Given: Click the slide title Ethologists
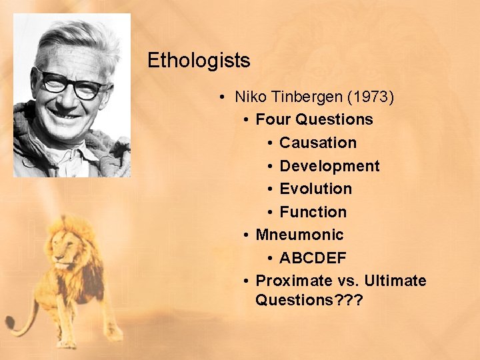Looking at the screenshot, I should pyautogui.click(x=199, y=61).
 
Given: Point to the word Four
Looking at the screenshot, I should pyautogui.click(x=273, y=120).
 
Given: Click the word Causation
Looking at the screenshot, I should pyautogui.click(x=318, y=143).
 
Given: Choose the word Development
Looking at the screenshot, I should pyautogui.click(x=329, y=166).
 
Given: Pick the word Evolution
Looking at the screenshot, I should pyautogui.click(x=315, y=189).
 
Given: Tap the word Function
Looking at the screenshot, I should pyautogui.click(x=313, y=212).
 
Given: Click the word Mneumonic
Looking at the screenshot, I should pyautogui.click(x=299, y=235).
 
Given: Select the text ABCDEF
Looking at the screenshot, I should pyautogui.click(x=313, y=258).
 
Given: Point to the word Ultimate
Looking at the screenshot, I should pyautogui.click(x=395, y=281).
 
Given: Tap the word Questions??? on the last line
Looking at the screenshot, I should pyautogui.click(x=309, y=300).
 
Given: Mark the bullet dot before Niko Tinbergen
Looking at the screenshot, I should pyautogui.click(x=222, y=98).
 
